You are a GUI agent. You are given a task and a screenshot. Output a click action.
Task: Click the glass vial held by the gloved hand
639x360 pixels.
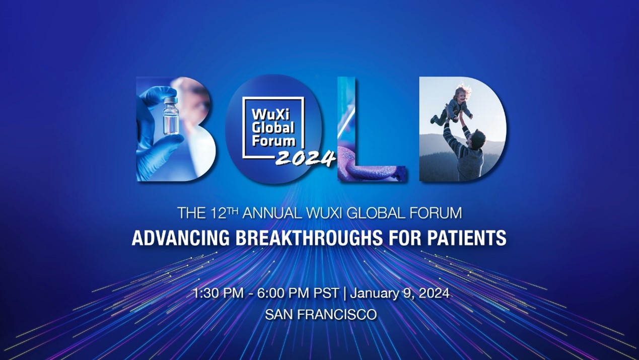pos(171,116)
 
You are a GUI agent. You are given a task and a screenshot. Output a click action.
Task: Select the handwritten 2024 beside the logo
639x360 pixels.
pos(306,158)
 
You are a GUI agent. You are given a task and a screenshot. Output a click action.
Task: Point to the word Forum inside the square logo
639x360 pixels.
pos(273,141)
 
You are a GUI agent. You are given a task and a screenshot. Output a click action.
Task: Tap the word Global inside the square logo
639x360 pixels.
pos(273,128)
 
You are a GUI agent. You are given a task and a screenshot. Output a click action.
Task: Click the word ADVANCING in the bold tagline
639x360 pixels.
pos(181,238)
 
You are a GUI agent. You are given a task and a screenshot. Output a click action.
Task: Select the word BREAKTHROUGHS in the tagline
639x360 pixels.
pos(309,238)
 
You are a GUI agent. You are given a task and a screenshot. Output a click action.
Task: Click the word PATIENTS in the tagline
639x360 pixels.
pos(467,238)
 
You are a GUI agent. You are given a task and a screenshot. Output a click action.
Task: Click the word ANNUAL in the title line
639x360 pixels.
pos(271,213)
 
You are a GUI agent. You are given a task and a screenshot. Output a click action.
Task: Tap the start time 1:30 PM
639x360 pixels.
pos(218,293)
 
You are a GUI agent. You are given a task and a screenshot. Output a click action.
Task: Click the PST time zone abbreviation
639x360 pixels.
pos(326,293)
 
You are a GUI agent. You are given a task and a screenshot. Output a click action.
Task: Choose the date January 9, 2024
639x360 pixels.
pos(400,293)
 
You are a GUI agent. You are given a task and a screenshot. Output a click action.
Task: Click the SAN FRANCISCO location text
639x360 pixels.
pos(321,315)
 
